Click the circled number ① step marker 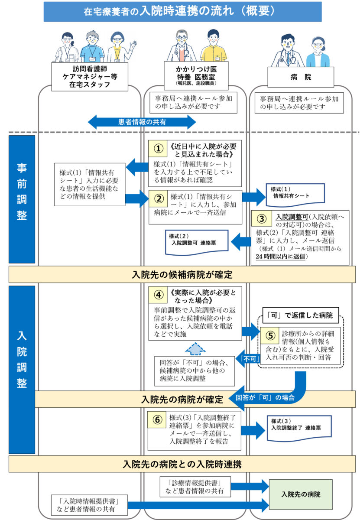[159, 149]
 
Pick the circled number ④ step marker [159, 296]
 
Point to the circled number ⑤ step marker [269, 335]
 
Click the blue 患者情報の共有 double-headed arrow [142, 122]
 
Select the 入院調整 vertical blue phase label [22, 360]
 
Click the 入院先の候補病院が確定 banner [182, 274]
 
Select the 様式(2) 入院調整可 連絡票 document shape [196, 241]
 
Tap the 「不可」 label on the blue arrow [248, 358]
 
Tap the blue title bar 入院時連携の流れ [182, 12]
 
